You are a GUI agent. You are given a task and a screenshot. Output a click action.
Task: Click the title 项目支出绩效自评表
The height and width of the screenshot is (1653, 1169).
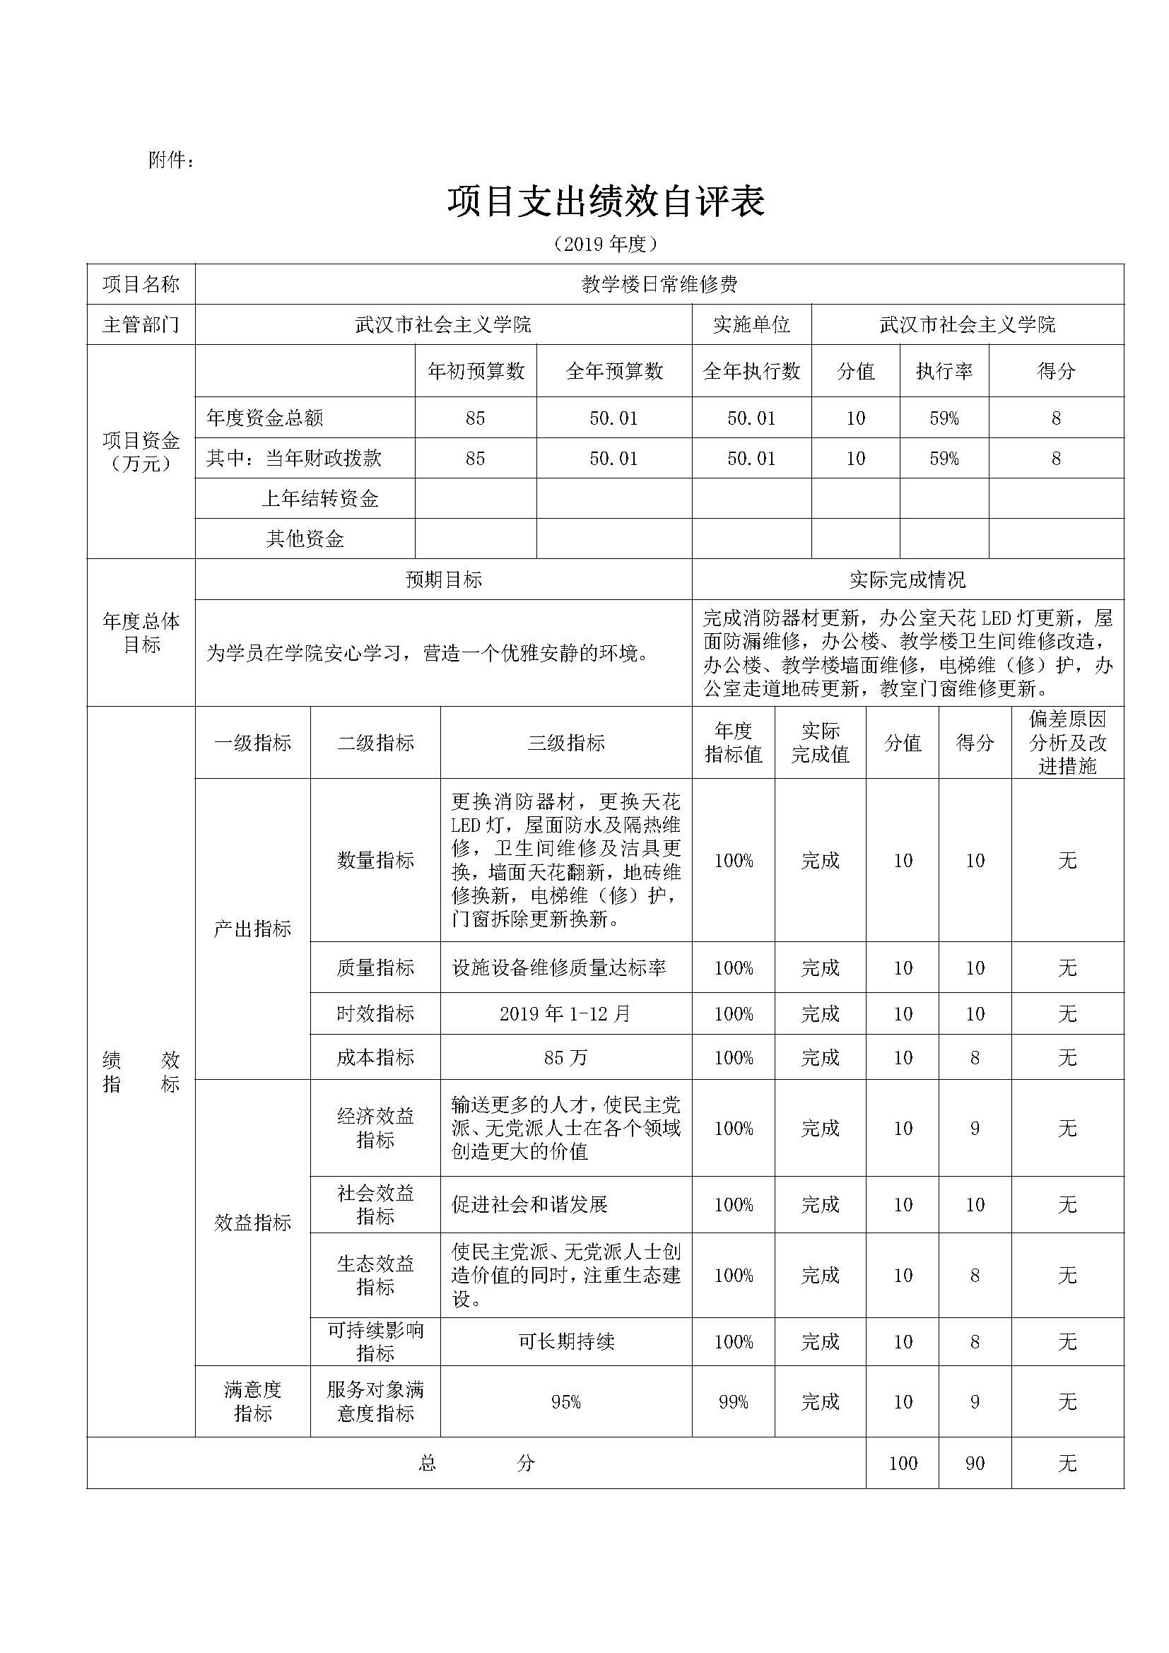tap(606, 202)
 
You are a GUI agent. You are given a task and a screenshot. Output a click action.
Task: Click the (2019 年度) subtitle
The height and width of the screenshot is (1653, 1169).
tap(606, 245)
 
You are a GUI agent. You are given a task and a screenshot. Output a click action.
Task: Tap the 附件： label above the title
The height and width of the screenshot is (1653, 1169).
tap(171, 160)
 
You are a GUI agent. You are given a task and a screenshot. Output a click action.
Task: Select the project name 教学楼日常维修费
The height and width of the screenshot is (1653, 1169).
tap(659, 284)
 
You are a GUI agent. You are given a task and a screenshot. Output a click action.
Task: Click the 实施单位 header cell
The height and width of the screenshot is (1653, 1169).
tap(751, 324)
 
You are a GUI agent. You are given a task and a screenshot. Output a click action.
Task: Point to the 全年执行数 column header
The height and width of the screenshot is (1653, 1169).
tap(751, 371)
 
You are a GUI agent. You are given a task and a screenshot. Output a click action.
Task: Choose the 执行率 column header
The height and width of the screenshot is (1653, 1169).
tap(944, 371)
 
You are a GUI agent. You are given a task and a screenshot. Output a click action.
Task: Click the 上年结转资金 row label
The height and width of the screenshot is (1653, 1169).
tap(319, 498)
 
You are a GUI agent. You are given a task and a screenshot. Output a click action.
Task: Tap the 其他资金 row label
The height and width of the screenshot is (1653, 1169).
tap(305, 539)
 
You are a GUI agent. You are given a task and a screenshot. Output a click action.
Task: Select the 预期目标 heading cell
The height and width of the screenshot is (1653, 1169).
tap(443, 580)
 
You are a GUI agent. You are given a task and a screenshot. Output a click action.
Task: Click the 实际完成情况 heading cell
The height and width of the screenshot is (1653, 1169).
tap(907, 580)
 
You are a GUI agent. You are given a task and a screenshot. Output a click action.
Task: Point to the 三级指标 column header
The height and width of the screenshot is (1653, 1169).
tap(566, 743)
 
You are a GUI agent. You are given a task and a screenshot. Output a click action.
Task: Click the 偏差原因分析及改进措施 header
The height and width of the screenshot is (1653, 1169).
tap(1067, 743)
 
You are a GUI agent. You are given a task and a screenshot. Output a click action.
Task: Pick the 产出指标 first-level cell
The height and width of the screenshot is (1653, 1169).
tap(252, 929)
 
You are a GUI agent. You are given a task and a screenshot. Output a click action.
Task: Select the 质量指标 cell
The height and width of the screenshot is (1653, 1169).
tap(375, 967)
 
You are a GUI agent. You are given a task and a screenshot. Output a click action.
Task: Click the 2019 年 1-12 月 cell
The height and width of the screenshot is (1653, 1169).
tap(566, 1013)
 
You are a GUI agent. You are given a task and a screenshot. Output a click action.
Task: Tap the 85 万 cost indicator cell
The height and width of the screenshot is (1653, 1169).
tap(566, 1058)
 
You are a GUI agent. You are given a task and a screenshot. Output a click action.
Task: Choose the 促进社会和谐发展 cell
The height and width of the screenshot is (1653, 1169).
tap(530, 1204)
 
